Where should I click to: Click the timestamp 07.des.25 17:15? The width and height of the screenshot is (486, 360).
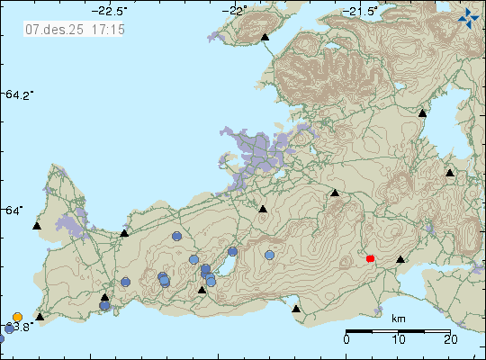(x=75, y=30)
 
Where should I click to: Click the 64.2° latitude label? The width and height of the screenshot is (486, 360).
(x=19, y=94)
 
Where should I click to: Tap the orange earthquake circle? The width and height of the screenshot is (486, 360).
(x=18, y=317)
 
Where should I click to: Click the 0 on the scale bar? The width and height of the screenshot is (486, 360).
(x=347, y=339)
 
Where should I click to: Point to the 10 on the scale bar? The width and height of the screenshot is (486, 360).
(x=399, y=339)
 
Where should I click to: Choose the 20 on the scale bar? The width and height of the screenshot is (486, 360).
(x=450, y=339)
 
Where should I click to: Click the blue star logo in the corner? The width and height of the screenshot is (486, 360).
(x=468, y=16)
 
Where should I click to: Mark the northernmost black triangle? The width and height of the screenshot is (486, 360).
(x=265, y=38)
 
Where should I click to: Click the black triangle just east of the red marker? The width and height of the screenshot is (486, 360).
(x=401, y=259)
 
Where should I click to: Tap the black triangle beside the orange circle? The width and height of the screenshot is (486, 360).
(x=40, y=317)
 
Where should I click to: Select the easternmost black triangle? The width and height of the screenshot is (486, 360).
(x=450, y=172)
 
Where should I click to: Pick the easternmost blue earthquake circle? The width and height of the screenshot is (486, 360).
(x=270, y=255)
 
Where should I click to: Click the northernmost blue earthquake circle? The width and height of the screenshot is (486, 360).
(x=177, y=236)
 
